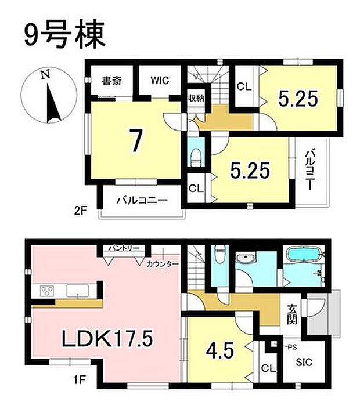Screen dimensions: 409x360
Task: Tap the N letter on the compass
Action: [x=44, y=75]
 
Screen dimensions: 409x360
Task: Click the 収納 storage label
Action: [x=195, y=97]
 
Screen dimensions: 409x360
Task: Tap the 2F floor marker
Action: [x=80, y=212]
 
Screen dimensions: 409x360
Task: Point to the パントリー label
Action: [x=123, y=248]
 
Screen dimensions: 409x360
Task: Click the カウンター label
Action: [x=162, y=264]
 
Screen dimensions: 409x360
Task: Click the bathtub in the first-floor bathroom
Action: [x=304, y=255]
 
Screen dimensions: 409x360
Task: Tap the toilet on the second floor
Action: [x=196, y=154]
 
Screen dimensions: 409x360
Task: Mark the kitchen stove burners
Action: [x=47, y=290]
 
